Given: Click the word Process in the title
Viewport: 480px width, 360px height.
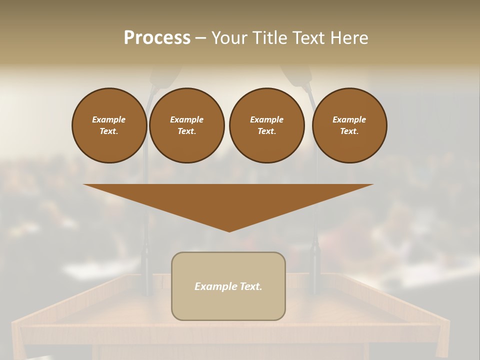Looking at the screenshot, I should tap(157, 38).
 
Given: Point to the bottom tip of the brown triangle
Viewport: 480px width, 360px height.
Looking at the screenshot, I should tap(229, 230).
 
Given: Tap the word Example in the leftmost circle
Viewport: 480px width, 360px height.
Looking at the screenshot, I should tap(109, 119).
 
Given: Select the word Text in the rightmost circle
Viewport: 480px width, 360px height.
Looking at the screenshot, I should tap(349, 131).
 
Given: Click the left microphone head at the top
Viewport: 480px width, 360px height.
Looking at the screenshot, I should tap(165, 77).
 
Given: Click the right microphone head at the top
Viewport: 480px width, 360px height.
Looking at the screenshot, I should tap(298, 75).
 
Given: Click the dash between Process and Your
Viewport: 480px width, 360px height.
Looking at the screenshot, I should tap(200, 38).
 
